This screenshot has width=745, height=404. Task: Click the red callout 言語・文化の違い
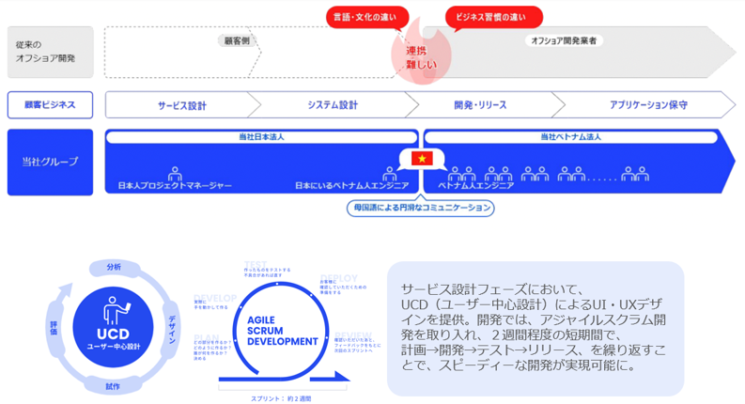coord(361,17)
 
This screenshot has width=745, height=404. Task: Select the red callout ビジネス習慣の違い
coord(491,17)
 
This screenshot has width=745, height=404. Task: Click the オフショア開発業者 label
coord(564,41)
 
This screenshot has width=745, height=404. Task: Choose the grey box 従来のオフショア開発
coord(50,52)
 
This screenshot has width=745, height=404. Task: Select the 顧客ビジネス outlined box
coord(50,104)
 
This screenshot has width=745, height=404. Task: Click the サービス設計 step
coord(182,105)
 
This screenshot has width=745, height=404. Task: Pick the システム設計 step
coord(333,105)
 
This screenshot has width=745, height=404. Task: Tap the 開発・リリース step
coord(481,105)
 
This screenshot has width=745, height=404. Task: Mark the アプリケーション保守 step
coord(648,105)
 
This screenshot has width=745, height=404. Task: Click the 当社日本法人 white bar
coord(261,137)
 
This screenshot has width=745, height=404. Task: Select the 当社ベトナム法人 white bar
coord(570,137)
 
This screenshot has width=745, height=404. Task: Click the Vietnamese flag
coord(422,158)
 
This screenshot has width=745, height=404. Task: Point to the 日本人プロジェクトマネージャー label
coord(175,186)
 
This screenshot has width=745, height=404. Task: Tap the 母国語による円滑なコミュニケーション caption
coord(421,209)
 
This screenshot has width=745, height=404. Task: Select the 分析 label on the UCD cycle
coord(114,267)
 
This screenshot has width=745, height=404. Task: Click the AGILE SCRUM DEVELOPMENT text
coord(282,331)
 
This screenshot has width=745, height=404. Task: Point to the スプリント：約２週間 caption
coord(281,398)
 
